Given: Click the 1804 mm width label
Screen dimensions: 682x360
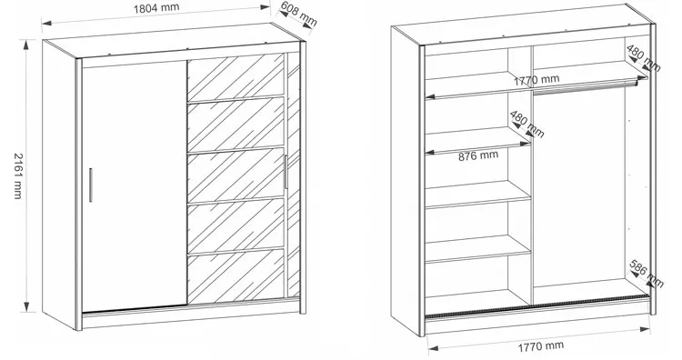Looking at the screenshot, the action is click(156, 8).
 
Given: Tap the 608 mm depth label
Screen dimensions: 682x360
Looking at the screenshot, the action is click(298, 14).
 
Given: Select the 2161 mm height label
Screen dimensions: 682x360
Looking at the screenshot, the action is click(18, 175).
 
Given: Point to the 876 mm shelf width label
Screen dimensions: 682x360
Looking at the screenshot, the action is click(478, 155).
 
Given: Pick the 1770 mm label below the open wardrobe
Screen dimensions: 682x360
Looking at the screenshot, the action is click(541, 346).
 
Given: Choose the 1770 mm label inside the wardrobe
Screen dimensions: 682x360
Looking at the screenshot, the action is click(537, 80).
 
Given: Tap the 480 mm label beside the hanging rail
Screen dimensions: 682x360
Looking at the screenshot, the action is click(644, 58).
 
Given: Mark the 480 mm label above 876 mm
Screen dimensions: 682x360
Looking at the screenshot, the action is click(527, 125).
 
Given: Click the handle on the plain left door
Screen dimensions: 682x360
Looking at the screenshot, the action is click(91, 185).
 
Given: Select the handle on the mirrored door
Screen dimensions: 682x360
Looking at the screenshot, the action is click(286, 172).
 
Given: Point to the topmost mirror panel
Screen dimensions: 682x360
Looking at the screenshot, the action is click(236, 77).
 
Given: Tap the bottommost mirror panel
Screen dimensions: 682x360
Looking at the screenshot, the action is click(236, 275).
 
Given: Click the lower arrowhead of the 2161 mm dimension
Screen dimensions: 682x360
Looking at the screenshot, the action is click(27, 307).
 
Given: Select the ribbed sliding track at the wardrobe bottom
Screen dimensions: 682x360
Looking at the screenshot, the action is click(537, 307).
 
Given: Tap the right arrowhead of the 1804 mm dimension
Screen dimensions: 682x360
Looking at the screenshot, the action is click(265, 7).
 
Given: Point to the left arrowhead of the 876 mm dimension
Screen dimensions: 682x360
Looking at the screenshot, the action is click(430, 152).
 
